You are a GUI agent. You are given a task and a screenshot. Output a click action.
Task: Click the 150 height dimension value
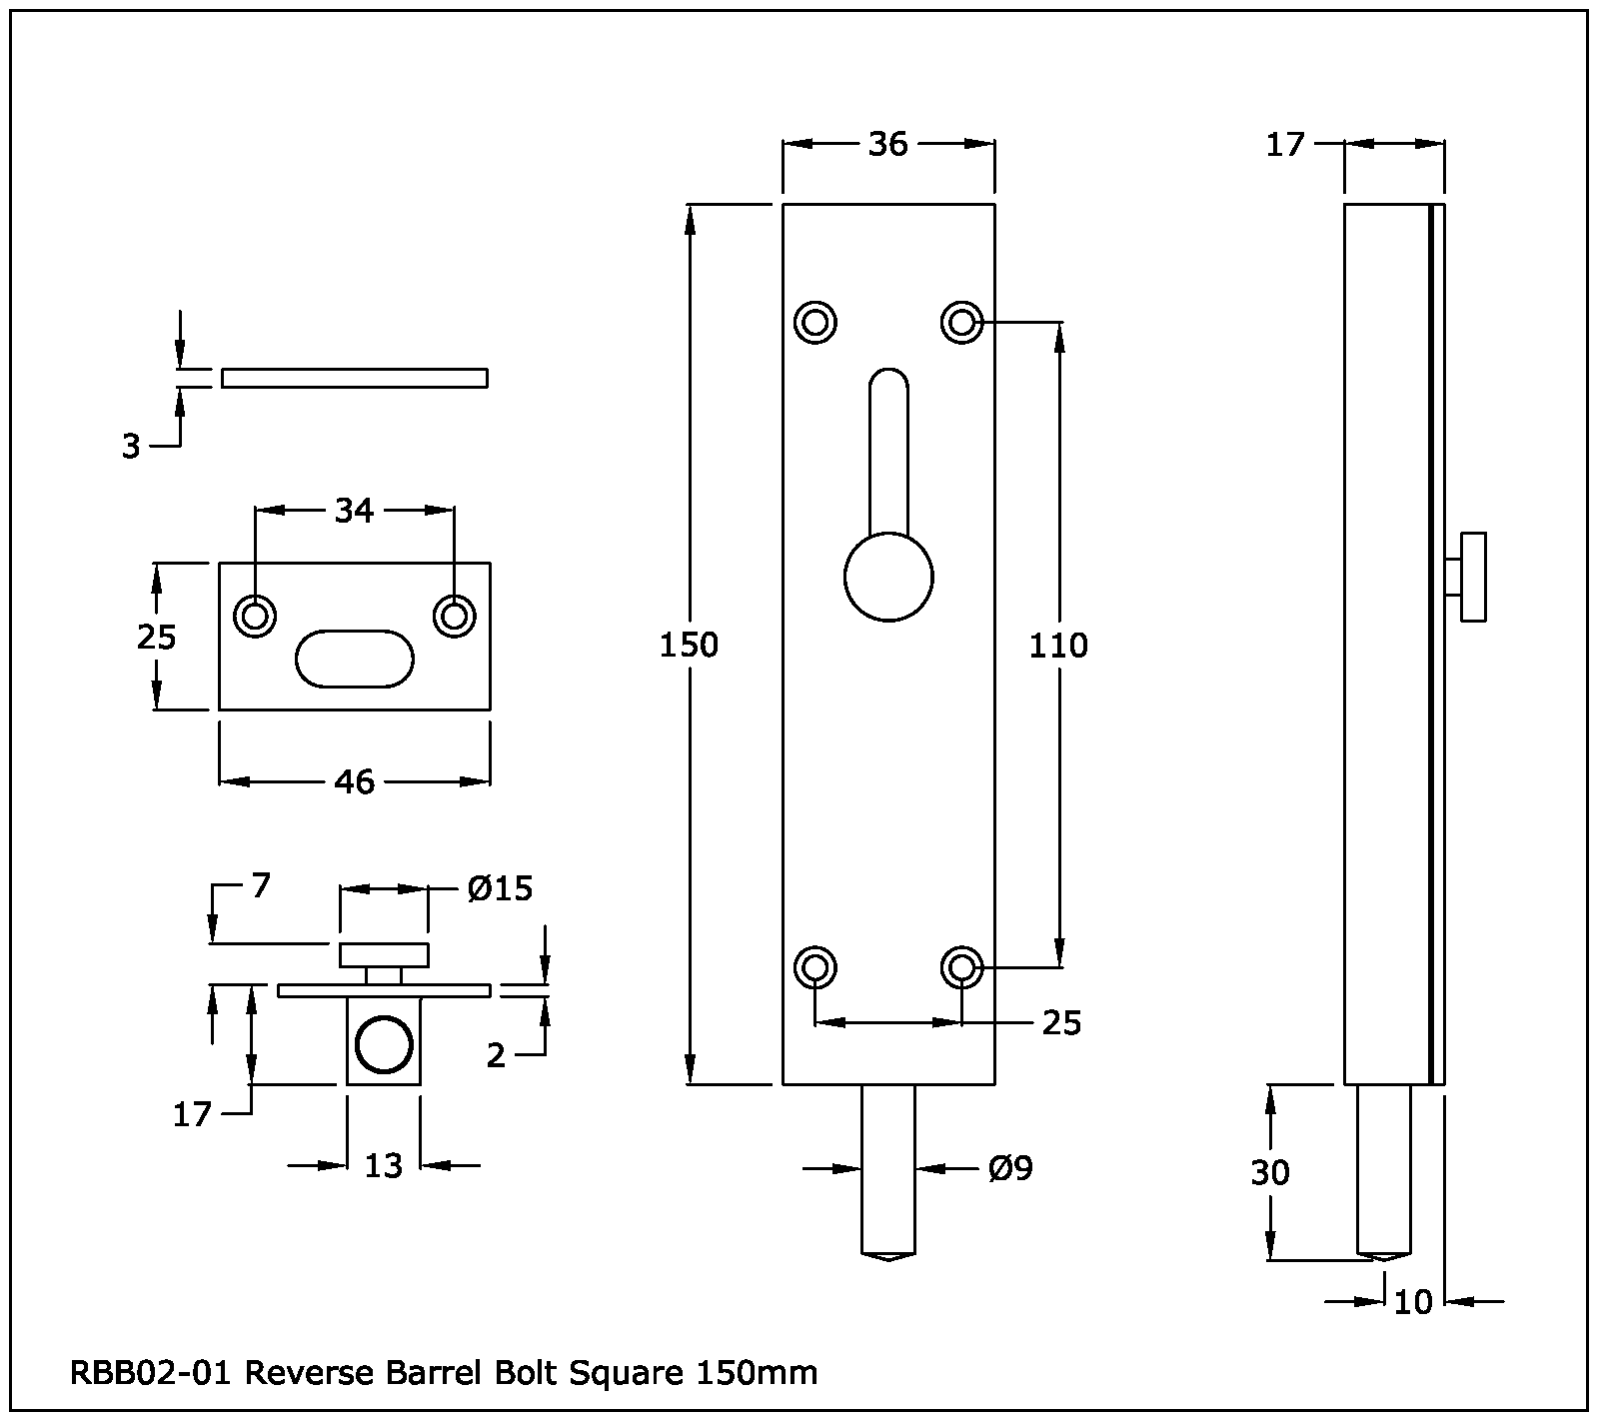689,646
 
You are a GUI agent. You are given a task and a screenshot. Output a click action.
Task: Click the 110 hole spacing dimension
1058,646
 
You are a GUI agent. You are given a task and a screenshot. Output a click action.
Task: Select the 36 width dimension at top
887,145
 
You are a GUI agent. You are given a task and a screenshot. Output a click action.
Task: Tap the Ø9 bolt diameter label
1010,1168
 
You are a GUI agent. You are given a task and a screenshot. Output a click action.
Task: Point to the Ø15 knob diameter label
500,887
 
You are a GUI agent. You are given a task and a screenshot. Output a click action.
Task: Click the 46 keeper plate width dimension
354,781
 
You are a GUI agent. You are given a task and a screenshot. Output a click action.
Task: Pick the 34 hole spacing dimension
354,511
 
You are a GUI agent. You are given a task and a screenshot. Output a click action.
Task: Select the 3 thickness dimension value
131,448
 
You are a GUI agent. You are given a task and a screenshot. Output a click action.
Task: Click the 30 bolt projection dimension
1270,1172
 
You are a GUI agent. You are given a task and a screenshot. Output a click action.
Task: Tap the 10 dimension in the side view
1413,1302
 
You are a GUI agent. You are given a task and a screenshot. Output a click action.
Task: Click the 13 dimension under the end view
383,1165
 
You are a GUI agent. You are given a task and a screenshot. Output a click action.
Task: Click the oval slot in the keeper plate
354,659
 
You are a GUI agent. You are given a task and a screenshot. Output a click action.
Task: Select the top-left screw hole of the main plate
815,323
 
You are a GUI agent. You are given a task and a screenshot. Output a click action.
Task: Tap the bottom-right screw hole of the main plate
961,967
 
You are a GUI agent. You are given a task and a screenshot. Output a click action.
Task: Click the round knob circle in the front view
888,578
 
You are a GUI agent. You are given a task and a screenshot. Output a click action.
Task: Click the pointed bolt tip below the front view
887,1255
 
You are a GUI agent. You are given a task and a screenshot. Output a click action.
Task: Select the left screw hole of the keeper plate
255,615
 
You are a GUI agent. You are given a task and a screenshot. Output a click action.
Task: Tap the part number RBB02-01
151,1373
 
